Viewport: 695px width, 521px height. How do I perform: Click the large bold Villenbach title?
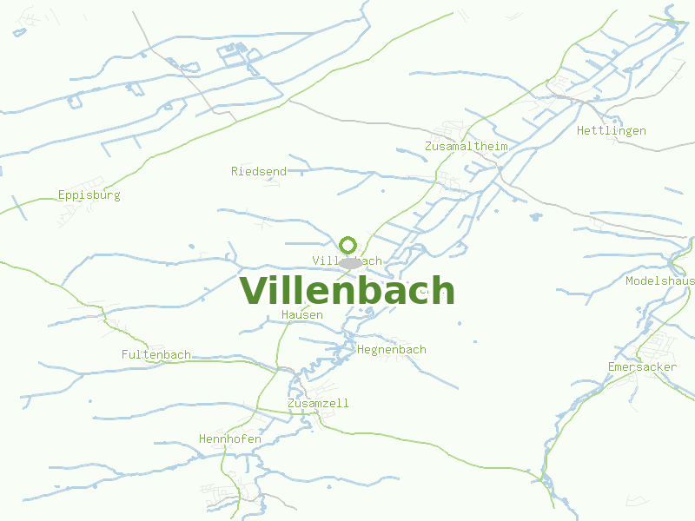(347, 290)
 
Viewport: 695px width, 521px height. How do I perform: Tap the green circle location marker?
(348, 244)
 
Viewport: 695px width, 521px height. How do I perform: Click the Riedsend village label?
(259, 171)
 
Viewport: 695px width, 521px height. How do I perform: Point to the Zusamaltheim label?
(467, 146)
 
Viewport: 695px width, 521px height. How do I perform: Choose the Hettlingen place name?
(612, 130)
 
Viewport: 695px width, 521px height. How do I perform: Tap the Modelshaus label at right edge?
(660, 280)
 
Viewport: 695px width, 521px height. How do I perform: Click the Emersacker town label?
(642, 366)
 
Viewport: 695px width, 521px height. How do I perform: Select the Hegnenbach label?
(392, 349)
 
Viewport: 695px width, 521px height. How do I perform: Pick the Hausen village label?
(302, 314)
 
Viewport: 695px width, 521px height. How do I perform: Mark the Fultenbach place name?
(156, 354)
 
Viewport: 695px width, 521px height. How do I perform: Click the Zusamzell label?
(318, 403)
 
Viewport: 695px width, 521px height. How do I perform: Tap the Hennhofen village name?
(230, 439)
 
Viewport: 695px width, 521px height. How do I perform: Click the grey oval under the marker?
(349, 263)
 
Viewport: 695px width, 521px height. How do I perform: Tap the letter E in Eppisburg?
(62, 195)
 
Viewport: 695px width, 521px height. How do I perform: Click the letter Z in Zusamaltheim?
(429, 146)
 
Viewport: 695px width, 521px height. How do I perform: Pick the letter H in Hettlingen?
(580, 130)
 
